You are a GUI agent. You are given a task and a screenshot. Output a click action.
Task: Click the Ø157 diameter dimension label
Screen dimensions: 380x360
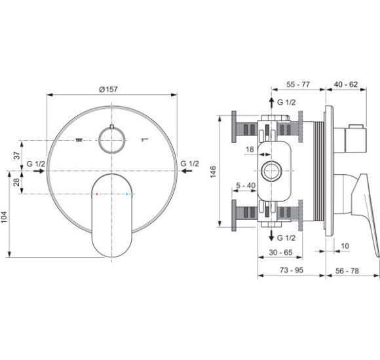[x=108, y=89]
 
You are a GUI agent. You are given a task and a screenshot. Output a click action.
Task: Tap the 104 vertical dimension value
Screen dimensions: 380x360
[x=4, y=217]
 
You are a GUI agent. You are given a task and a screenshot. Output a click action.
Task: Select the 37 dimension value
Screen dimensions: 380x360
[x=16, y=155]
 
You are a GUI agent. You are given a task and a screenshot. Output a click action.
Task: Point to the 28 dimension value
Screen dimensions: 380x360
[x=16, y=182]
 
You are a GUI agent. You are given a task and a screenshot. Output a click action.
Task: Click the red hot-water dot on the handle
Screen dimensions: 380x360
[x=97, y=194]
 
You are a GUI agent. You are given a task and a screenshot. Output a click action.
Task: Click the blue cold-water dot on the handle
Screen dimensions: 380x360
[x=126, y=194]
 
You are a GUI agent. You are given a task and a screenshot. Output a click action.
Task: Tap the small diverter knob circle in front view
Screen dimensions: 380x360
[x=112, y=140]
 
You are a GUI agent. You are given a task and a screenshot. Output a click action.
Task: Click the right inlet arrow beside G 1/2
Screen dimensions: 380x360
[x=187, y=171]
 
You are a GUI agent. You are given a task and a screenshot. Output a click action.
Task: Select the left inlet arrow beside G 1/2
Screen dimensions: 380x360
[x=39, y=171]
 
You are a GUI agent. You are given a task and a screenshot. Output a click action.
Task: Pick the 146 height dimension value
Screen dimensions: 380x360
[x=213, y=172]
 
